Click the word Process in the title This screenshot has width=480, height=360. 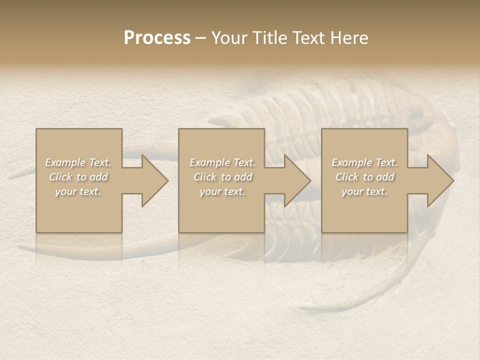[x=157, y=38]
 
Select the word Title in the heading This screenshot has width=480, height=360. [x=270, y=38]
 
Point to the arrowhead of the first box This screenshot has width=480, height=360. [x=152, y=180]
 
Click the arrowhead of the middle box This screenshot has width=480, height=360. [x=295, y=180]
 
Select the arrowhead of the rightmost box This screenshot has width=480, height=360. [x=438, y=180]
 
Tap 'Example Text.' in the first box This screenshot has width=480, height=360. [x=78, y=162]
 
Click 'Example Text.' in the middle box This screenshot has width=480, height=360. [x=222, y=162]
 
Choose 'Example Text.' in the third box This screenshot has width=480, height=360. [x=364, y=162]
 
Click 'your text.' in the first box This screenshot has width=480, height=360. [x=78, y=191]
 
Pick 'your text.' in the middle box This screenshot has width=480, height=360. [x=222, y=191]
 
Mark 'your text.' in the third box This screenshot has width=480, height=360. [x=364, y=191]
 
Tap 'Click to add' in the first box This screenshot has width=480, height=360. [x=78, y=177]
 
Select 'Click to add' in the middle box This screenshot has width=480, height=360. [x=222, y=177]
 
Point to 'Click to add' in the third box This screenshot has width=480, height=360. [x=364, y=177]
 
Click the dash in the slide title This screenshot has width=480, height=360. [x=201, y=38]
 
